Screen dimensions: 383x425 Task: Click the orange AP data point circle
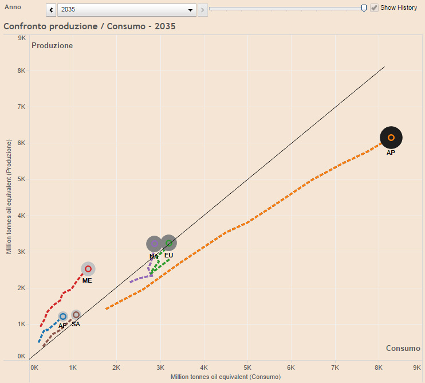tap(391, 138)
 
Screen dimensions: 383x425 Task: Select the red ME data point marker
tap(88, 269)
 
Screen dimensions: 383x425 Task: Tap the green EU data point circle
tap(169, 243)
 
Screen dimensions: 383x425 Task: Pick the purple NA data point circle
tap(154, 244)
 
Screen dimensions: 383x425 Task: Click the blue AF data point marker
tap(63, 316)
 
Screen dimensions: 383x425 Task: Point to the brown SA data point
tap(76, 315)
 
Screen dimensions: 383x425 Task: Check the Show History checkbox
tap(375, 8)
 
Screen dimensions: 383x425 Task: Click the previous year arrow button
tap(52, 10)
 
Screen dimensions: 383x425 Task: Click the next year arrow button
tap(202, 10)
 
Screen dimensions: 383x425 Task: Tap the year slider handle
tap(364, 8)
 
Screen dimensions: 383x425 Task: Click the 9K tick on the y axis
tap(22, 38)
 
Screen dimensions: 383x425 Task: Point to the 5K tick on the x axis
tap(247, 367)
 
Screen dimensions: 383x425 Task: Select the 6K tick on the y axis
tap(22, 143)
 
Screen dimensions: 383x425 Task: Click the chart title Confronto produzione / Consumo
tap(89, 26)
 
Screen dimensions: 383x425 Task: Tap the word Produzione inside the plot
tap(52, 45)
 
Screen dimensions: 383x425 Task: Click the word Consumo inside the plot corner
tap(403, 348)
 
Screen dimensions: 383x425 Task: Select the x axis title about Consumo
tap(226, 377)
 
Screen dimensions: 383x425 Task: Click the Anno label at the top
tap(13, 7)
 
